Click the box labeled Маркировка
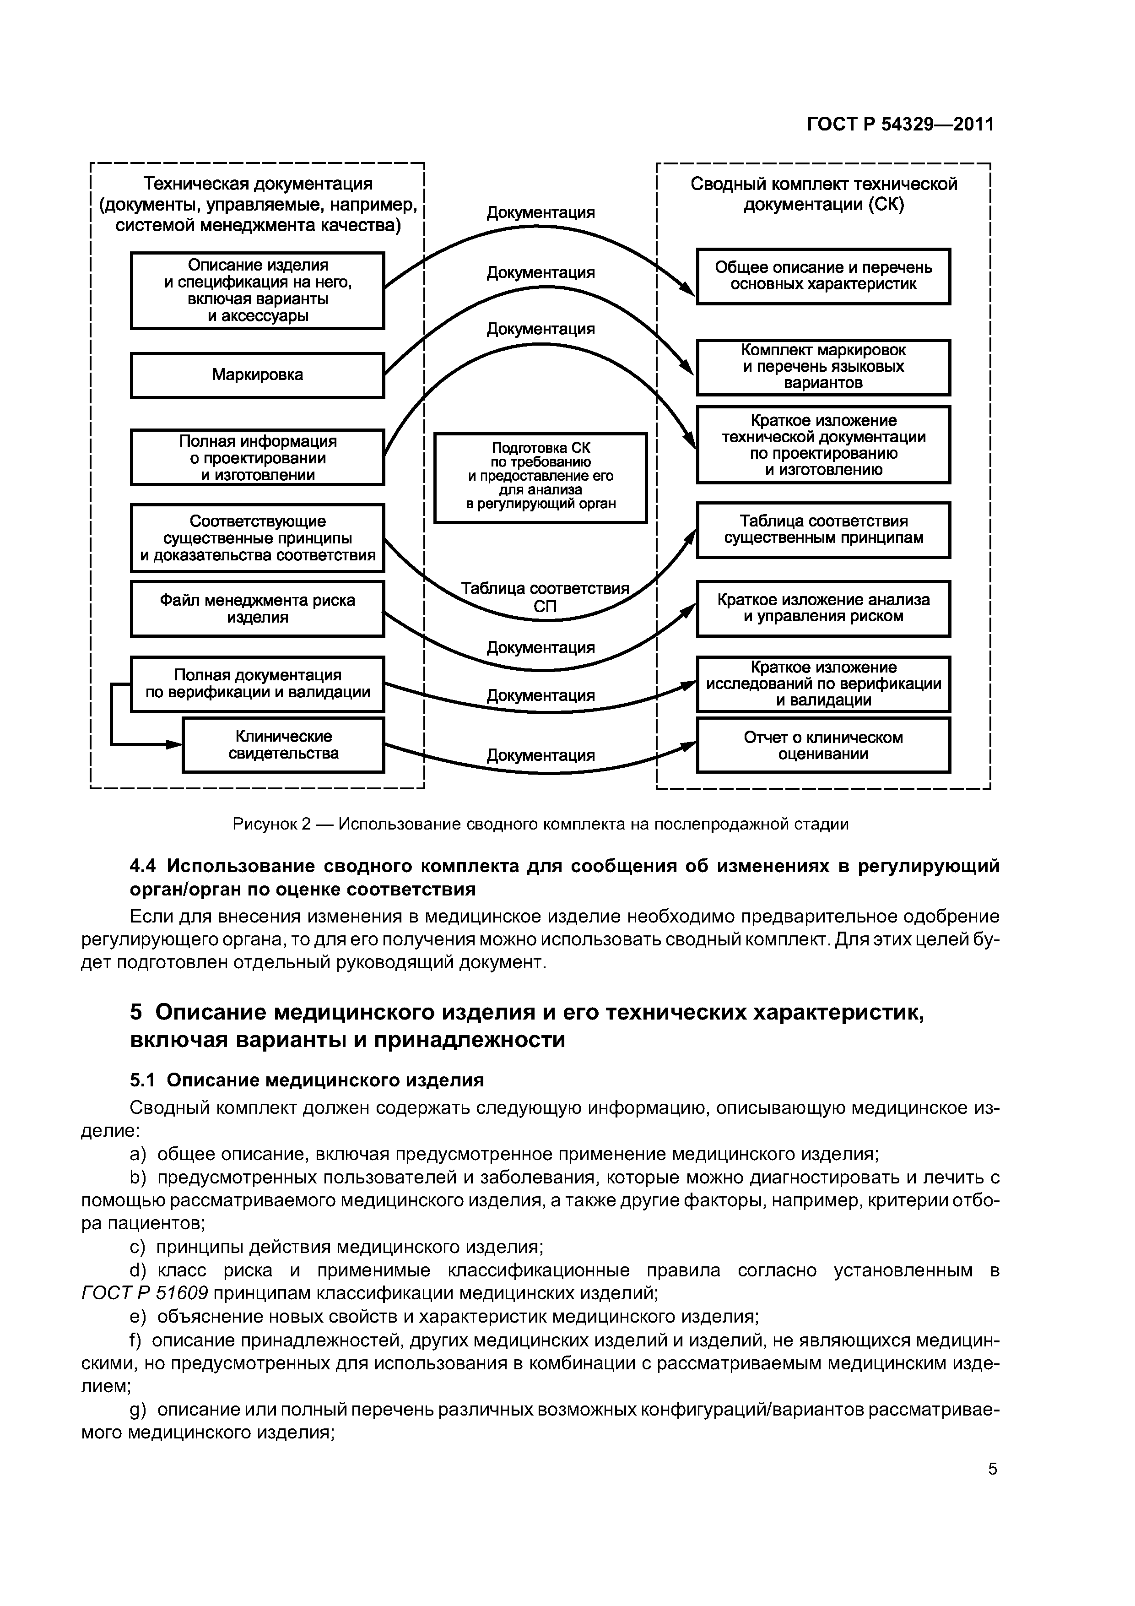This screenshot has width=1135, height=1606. point(257,375)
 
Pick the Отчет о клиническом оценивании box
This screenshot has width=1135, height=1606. point(823,746)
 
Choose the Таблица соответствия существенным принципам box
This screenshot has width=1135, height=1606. point(823,530)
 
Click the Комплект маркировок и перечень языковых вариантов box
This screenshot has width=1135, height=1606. point(823,367)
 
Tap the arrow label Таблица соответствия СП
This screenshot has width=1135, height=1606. point(545,597)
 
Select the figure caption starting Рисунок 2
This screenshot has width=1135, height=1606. point(540,824)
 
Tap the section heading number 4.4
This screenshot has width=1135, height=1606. point(144,867)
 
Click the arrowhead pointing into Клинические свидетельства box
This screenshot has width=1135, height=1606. point(175,745)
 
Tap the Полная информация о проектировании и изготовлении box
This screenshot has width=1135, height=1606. point(257,457)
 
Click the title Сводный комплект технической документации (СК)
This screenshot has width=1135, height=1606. point(823,195)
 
